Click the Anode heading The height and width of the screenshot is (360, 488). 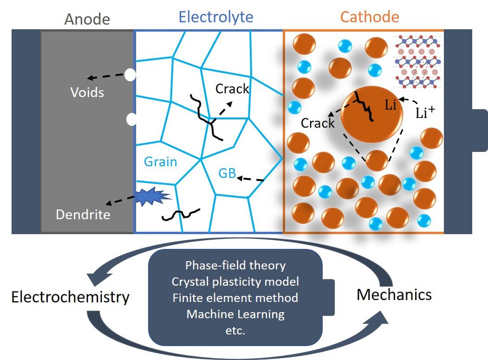87,19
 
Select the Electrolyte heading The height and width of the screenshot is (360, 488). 216,17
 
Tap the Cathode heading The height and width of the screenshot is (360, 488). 369,17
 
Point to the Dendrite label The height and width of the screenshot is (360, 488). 83,214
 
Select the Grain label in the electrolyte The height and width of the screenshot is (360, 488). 161,162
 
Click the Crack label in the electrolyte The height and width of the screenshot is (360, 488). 232,89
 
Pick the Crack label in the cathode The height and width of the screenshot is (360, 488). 317,123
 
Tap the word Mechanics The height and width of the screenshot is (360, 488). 394,294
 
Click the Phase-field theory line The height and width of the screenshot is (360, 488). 235,265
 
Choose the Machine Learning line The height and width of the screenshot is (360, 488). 235,314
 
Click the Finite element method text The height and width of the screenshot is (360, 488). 235,298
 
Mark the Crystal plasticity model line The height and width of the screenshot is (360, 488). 235,281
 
